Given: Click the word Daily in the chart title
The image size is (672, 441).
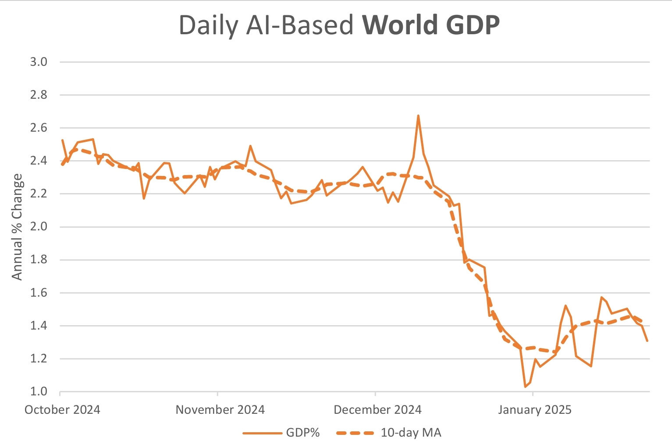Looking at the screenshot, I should (209, 26).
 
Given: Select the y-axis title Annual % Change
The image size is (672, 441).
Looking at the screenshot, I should (17, 226).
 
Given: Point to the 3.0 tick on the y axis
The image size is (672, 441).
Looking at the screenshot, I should (39, 62).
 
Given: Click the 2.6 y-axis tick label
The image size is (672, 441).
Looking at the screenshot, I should (39, 128).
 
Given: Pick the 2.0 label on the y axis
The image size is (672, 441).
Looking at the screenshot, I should (39, 227).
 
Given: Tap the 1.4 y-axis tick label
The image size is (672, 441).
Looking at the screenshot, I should (39, 326).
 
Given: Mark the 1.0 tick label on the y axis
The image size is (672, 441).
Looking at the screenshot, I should (39, 391).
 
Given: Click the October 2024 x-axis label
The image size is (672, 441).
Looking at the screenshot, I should (62, 410).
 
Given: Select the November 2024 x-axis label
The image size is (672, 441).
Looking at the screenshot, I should (220, 410).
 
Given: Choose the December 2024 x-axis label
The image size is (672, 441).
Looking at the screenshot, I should (377, 410).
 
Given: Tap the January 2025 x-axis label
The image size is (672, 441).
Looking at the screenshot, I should (535, 410).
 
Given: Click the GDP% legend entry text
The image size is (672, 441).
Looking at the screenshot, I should (303, 433).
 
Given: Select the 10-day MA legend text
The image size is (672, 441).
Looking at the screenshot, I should (411, 433).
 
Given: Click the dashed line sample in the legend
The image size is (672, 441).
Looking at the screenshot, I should (355, 433).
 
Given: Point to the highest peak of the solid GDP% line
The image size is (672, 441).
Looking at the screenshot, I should (418, 116).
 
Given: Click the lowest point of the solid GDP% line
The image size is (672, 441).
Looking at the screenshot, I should (525, 387).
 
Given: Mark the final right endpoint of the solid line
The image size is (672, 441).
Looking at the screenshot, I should (647, 341).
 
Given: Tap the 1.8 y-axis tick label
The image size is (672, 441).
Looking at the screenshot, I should (39, 260).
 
